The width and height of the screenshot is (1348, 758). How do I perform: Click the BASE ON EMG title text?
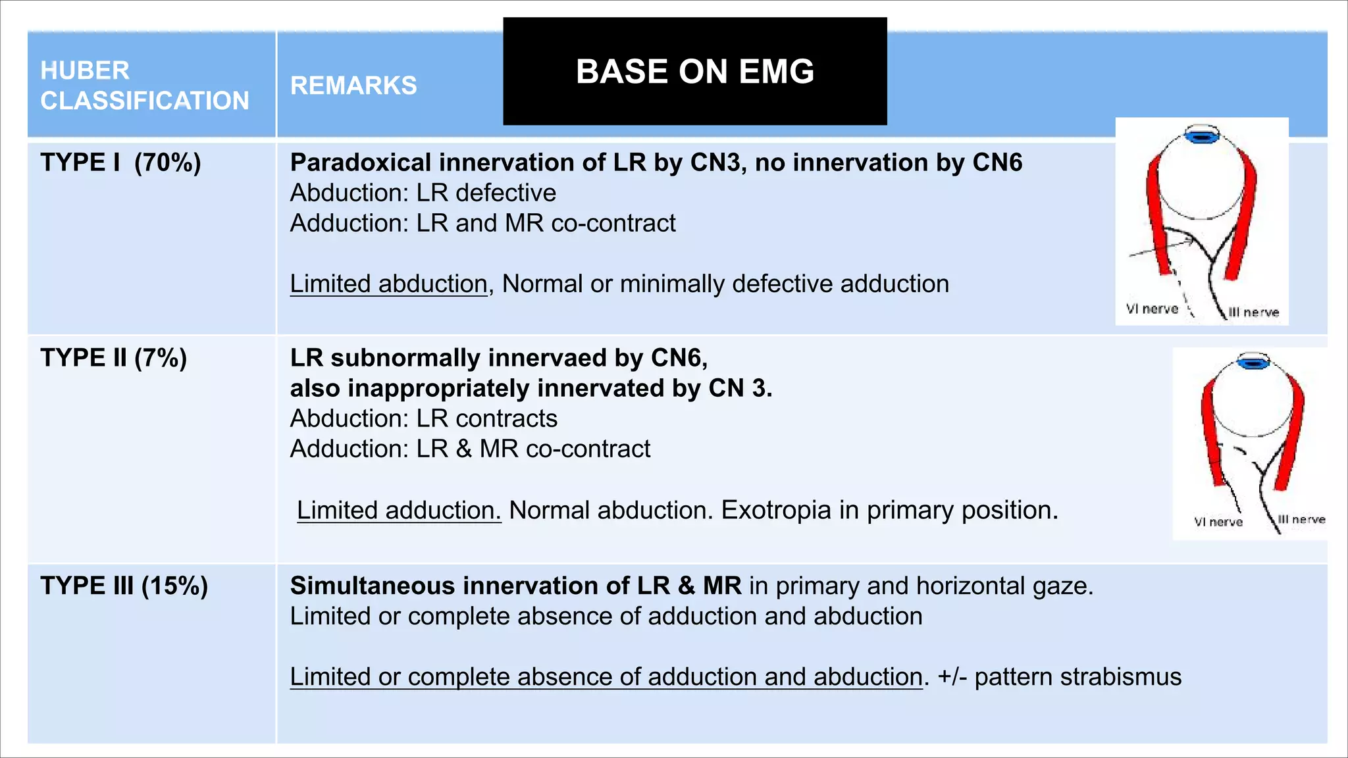tap(694, 71)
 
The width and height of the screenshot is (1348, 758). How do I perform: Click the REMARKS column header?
tap(353, 86)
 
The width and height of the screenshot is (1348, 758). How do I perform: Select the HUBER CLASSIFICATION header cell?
tap(144, 86)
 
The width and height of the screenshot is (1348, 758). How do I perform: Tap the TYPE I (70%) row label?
tap(120, 163)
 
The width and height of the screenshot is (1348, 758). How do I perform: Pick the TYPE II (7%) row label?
tap(113, 358)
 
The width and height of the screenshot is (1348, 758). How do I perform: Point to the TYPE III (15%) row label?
tap(124, 586)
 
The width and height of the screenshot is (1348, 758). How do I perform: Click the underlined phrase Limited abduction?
tap(388, 284)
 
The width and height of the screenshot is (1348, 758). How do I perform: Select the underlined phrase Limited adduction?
tap(399, 511)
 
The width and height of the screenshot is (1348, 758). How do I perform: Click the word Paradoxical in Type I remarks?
tap(361, 163)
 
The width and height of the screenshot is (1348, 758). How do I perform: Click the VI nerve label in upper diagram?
tap(1152, 309)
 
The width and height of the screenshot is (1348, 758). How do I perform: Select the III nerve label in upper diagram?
tap(1254, 312)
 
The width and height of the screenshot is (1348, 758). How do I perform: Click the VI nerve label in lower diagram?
tap(1218, 522)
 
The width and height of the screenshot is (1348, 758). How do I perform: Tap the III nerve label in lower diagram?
tap(1301, 519)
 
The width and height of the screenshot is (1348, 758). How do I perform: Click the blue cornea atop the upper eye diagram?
tap(1202, 136)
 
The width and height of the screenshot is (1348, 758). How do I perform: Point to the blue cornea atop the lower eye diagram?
tap(1253, 361)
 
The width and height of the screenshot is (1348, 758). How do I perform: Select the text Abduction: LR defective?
tap(423, 193)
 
